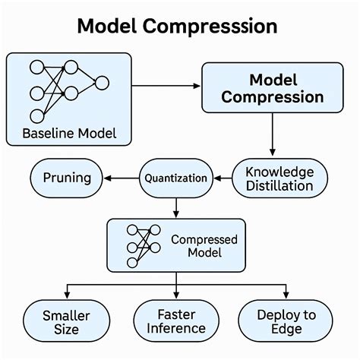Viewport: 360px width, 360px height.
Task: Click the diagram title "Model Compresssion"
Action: click(x=177, y=26)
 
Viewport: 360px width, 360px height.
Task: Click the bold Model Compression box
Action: click(x=273, y=88)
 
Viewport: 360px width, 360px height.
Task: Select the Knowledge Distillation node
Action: click(x=279, y=178)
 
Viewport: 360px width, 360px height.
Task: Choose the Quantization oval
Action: click(x=175, y=178)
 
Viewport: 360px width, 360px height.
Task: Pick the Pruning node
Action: click(x=65, y=178)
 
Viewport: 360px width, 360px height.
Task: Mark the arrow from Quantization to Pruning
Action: click(x=120, y=178)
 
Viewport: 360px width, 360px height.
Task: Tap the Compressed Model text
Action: click(x=204, y=246)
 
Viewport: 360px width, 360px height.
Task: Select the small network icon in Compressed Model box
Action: click(x=143, y=245)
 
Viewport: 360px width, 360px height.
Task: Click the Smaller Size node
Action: click(x=66, y=321)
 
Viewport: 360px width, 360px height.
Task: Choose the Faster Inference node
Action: click(x=175, y=321)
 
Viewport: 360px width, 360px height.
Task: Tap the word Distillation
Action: click(x=279, y=186)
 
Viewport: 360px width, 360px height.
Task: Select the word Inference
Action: click(x=175, y=329)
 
